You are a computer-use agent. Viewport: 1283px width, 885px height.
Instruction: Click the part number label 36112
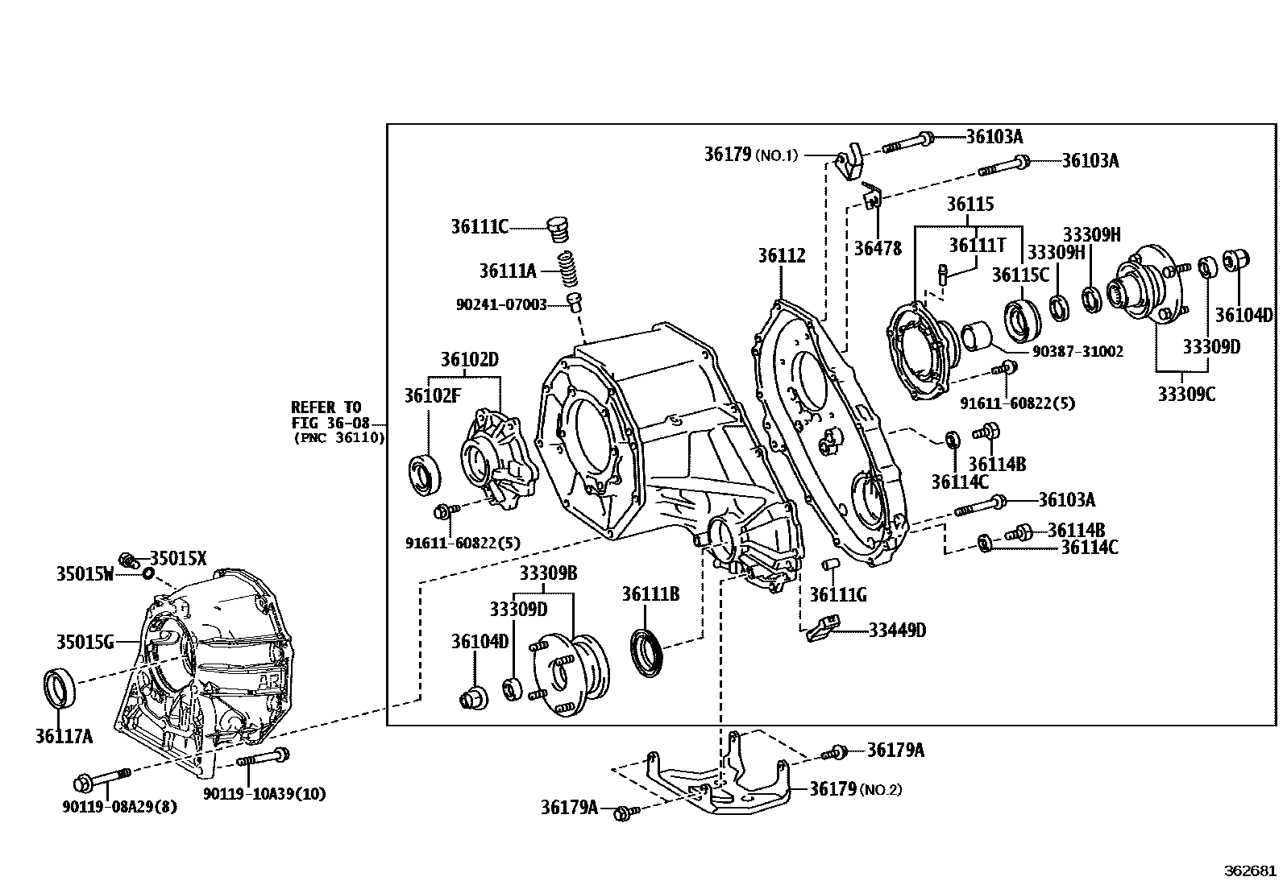pyautogui.click(x=781, y=256)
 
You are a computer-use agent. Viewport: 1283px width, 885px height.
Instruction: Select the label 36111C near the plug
pyautogui.click(x=480, y=228)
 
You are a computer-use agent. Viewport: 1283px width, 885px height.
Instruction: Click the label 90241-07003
pyautogui.click(x=500, y=304)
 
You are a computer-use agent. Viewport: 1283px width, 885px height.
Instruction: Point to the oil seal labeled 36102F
pyautogui.click(x=425, y=474)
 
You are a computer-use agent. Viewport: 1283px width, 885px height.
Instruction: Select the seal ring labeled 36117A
pyautogui.click(x=60, y=689)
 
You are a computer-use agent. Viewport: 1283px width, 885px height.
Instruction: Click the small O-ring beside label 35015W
pyautogui.click(x=148, y=573)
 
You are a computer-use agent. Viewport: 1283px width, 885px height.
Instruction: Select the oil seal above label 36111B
pyautogui.click(x=646, y=653)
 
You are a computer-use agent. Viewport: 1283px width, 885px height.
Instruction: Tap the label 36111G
pyautogui.click(x=837, y=595)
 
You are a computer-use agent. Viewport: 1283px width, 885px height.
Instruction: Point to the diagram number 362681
pyautogui.click(x=1250, y=871)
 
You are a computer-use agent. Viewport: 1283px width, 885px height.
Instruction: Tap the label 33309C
pyautogui.click(x=1186, y=395)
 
